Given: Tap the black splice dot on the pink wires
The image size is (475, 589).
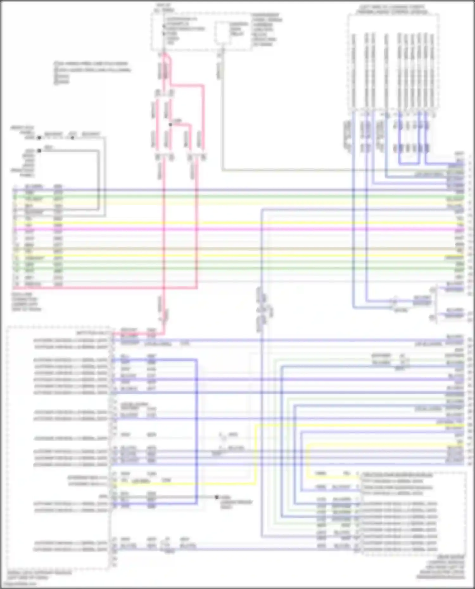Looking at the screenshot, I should (x=170, y=124).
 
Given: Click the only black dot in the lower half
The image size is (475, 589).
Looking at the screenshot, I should (x=217, y=497).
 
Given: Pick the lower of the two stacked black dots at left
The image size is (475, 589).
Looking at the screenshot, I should (x=39, y=151).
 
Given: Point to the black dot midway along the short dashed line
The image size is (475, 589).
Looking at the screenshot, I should (x=73, y=138).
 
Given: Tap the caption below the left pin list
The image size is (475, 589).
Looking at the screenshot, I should (x=27, y=302).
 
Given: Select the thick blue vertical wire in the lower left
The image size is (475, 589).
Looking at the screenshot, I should (x=196, y=430).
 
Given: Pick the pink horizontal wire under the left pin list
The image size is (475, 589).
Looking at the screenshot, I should (x=104, y=288).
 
